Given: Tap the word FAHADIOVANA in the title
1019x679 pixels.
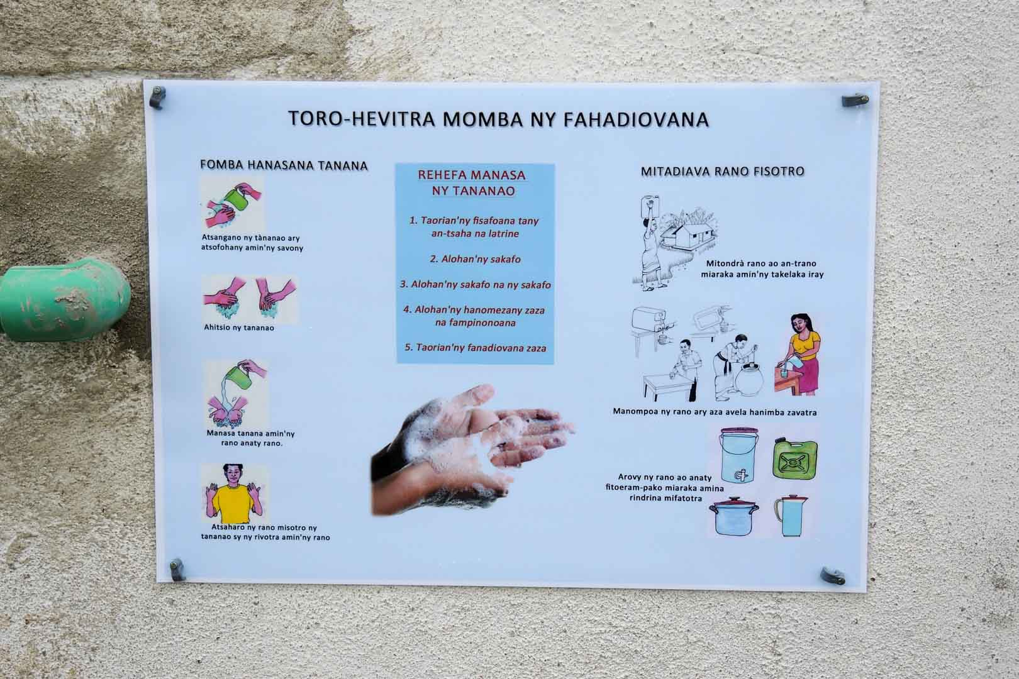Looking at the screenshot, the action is (636, 119).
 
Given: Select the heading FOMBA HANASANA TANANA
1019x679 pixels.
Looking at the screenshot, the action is (284, 165).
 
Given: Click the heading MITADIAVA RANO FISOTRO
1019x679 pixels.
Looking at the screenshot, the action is (722, 172).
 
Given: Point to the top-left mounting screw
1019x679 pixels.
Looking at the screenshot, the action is (157, 97).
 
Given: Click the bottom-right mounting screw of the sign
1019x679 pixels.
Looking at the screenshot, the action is (833, 576).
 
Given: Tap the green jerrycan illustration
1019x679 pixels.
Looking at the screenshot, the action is (795, 458).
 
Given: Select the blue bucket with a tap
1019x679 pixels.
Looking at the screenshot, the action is (738, 455).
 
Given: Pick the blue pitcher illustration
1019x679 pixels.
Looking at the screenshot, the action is (791, 516).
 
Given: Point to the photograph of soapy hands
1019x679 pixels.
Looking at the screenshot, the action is (472, 450).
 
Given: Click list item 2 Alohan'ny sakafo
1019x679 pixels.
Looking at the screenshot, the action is (476, 259).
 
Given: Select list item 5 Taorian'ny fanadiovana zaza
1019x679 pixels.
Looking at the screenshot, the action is (476, 348).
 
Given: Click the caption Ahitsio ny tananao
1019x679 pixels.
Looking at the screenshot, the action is (239, 328).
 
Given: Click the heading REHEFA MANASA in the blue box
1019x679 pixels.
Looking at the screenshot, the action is (472, 175).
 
